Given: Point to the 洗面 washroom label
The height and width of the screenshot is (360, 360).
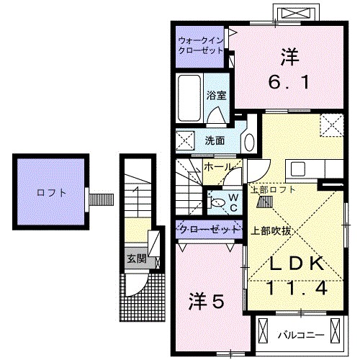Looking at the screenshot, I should (x=215, y=140).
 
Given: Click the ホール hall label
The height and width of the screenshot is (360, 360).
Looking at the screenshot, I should (x=218, y=167).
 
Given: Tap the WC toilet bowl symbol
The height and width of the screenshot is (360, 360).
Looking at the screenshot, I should (x=217, y=204).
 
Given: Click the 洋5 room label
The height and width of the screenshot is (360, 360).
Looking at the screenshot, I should (x=207, y=299).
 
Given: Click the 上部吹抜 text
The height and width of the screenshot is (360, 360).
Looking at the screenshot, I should (x=271, y=232).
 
